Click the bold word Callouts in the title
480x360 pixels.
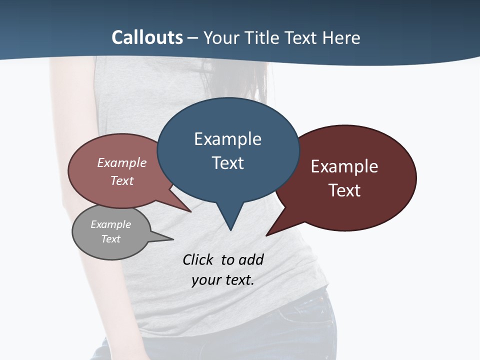147,37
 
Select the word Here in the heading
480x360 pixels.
340,37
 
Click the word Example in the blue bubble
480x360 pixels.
227,139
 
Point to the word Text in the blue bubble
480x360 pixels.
227,163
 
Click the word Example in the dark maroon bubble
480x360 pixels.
344,166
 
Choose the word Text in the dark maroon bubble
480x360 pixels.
344,190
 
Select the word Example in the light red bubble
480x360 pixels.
122,162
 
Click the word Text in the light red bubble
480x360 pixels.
122,180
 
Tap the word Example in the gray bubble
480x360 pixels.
111,224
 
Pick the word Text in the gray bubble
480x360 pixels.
111,239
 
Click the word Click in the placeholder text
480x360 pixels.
197,259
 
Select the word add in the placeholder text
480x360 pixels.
251,259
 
